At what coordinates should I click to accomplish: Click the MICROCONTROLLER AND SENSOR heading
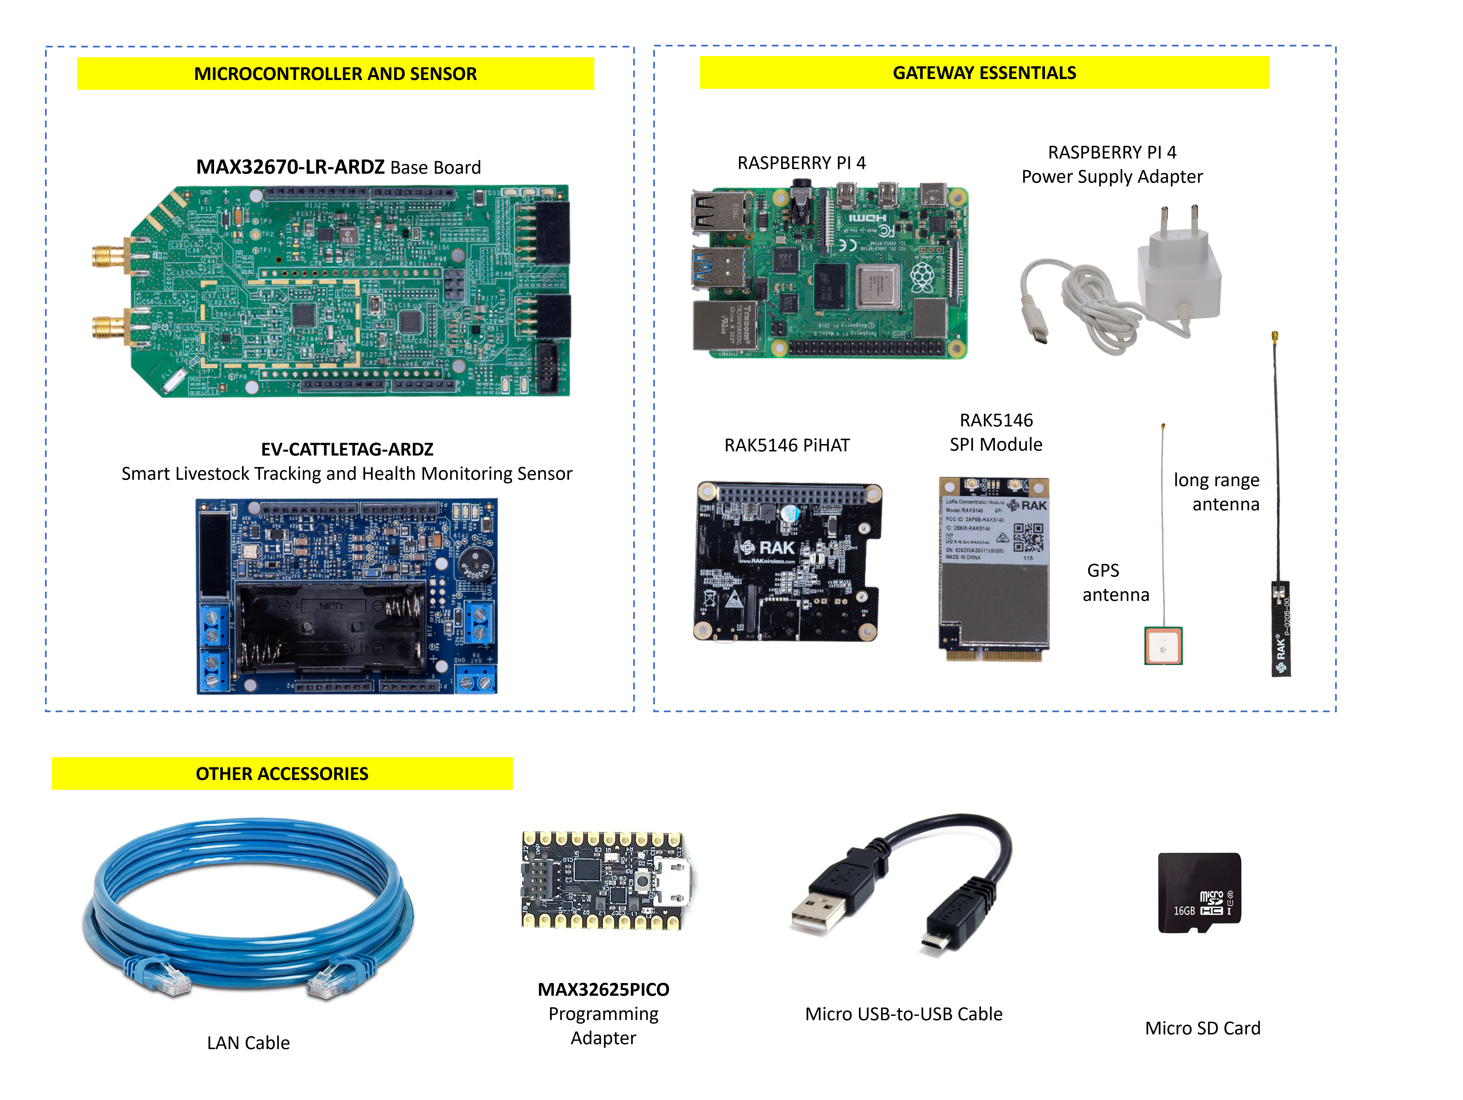(x=335, y=73)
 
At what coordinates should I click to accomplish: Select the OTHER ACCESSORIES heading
(x=282, y=773)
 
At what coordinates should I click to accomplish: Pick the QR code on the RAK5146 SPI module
(x=1028, y=537)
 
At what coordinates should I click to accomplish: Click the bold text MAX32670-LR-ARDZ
(x=290, y=167)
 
